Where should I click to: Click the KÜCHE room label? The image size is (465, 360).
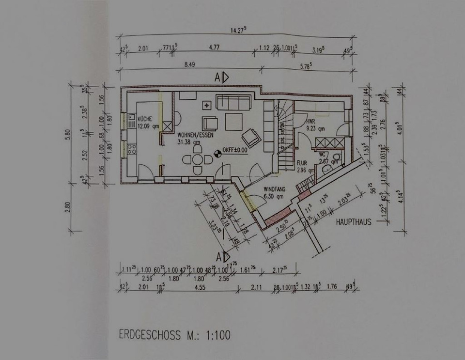coord(145,119)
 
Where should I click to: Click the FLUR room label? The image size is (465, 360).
coord(302,164)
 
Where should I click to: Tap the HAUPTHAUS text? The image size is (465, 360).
coord(354,222)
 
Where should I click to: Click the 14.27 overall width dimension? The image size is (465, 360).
coord(237,30)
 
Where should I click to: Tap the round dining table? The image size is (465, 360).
coord(197,159)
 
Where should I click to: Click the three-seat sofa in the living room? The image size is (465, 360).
coord(233,102)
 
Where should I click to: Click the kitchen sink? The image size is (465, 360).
coord(131,120)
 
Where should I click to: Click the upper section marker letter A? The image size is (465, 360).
coord(218,77)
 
